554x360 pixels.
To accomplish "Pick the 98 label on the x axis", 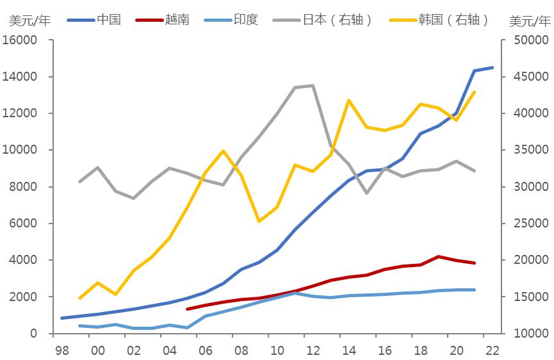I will [x=62, y=350].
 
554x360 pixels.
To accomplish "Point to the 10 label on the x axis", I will [x=277, y=350].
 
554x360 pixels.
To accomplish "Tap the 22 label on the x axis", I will [x=492, y=350].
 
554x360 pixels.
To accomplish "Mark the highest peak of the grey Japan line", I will [x=313, y=85].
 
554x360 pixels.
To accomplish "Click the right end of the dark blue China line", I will [x=493, y=67].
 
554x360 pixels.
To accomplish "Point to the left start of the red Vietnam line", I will [x=187, y=309].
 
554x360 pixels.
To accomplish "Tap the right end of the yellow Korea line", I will [x=475, y=92].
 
